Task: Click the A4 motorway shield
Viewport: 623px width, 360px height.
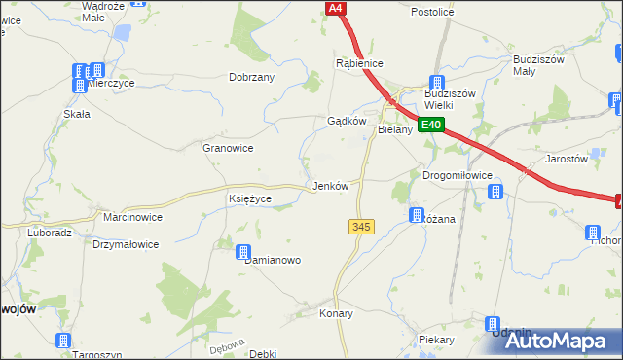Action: pos(336,8)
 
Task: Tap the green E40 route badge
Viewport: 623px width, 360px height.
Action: pos(432,125)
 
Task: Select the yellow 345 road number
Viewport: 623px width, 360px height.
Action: pos(360,226)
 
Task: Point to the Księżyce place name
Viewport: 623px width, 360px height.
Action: pos(249,198)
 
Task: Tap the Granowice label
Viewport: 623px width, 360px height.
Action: pos(228,148)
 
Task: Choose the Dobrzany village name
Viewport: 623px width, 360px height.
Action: pos(251,77)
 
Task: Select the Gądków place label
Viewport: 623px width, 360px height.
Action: pos(346,122)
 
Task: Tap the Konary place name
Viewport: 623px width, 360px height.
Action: pos(336,314)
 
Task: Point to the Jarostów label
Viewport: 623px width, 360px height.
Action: pos(568,158)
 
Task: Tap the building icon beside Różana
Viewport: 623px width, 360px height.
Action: pos(417,215)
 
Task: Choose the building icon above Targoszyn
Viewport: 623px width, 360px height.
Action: pos(63,341)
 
